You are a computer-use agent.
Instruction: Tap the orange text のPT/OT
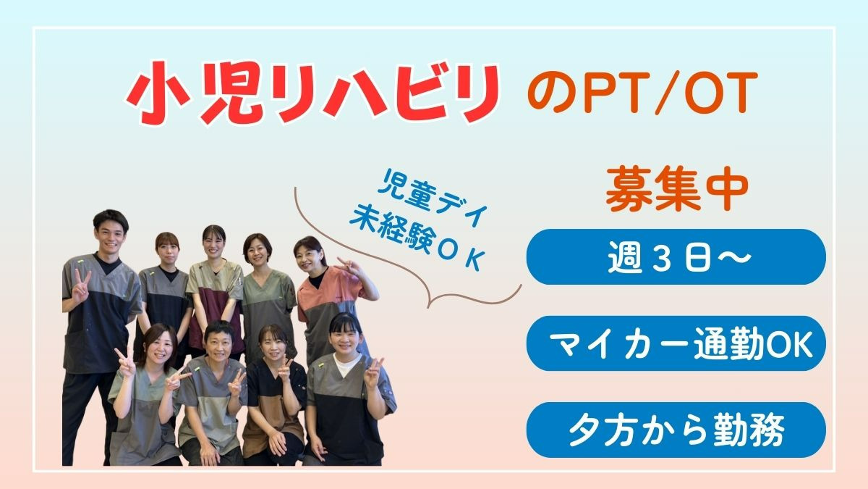pyautogui.click(x=642, y=93)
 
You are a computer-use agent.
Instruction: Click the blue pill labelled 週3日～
pyautogui.click(x=676, y=257)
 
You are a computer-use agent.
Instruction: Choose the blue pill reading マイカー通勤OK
pyautogui.click(x=676, y=343)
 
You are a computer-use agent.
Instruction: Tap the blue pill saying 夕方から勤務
pyautogui.click(x=676, y=430)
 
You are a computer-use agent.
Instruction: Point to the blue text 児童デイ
pyautogui.click(x=432, y=203)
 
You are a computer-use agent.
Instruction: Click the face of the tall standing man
pyautogui.click(x=110, y=234)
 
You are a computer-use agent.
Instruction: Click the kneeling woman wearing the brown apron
pyautogui.click(x=273, y=396)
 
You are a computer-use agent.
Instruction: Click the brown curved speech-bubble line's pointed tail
pyautogui.click(x=427, y=308)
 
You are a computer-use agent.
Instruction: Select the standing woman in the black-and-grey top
pyautogui.click(x=166, y=295)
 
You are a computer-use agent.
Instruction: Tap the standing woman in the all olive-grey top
pyautogui.click(x=268, y=295)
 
